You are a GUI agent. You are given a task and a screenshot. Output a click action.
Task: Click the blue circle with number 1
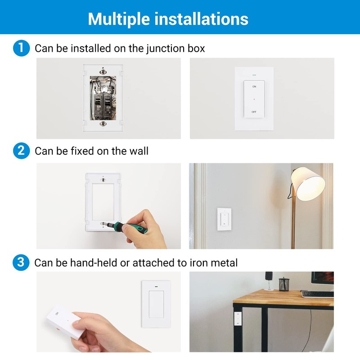pyautogui.click(x=21, y=48)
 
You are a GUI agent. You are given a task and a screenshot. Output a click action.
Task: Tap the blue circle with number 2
pyautogui.click(x=21, y=150)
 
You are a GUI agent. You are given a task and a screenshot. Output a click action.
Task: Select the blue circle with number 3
pyautogui.click(x=21, y=262)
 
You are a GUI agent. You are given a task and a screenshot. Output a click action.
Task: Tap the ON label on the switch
pyautogui.click(x=254, y=86)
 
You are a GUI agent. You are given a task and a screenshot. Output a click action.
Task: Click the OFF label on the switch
pyautogui.click(x=254, y=111)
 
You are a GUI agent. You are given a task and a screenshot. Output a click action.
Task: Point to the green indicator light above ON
pyautogui.click(x=254, y=75)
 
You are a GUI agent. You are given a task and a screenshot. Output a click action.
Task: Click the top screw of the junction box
pyautogui.click(x=103, y=70)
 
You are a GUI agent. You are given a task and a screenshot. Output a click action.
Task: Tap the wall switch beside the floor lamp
pyautogui.click(x=224, y=220)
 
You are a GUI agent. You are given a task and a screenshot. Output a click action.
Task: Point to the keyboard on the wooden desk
pyautogui.click(x=317, y=293)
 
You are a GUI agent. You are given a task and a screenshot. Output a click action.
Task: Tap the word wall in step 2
pyautogui.click(x=138, y=150)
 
